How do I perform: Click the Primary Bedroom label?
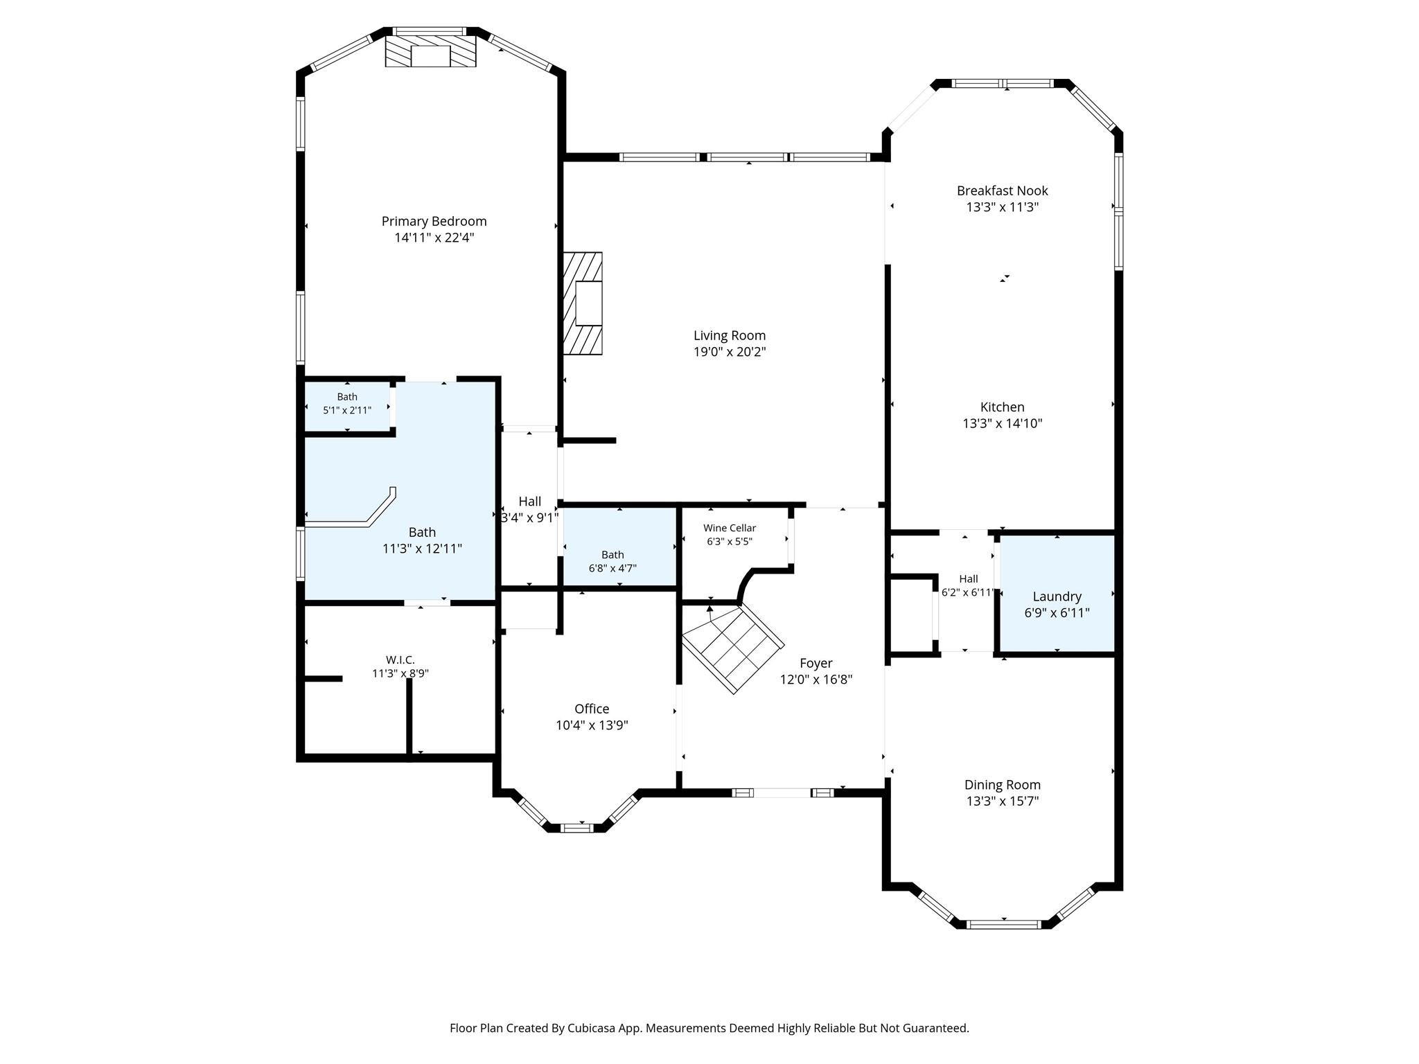(x=434, y=222)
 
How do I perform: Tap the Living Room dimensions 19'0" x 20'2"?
(x=730, y=352)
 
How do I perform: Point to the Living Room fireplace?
(x=583, y=303)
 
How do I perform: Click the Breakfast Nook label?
(x=1003, y=190)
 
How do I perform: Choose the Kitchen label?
(x=1003, y=407)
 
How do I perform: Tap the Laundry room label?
(x=1057, y=597)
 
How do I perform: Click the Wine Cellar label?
(x=730, y=528)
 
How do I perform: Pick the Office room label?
(x=592, y=709)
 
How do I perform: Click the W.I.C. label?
(x=400, y=660)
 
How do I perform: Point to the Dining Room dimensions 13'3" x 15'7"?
(x=1003, y=801)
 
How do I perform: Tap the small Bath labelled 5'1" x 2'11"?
(x=347, y=404)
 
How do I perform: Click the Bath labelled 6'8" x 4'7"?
(x=612, y=562)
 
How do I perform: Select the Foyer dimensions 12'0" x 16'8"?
(x=816, y=680)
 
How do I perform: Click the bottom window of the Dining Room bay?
(x=1003, y=924)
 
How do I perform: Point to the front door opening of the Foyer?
(x=783, y=792)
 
